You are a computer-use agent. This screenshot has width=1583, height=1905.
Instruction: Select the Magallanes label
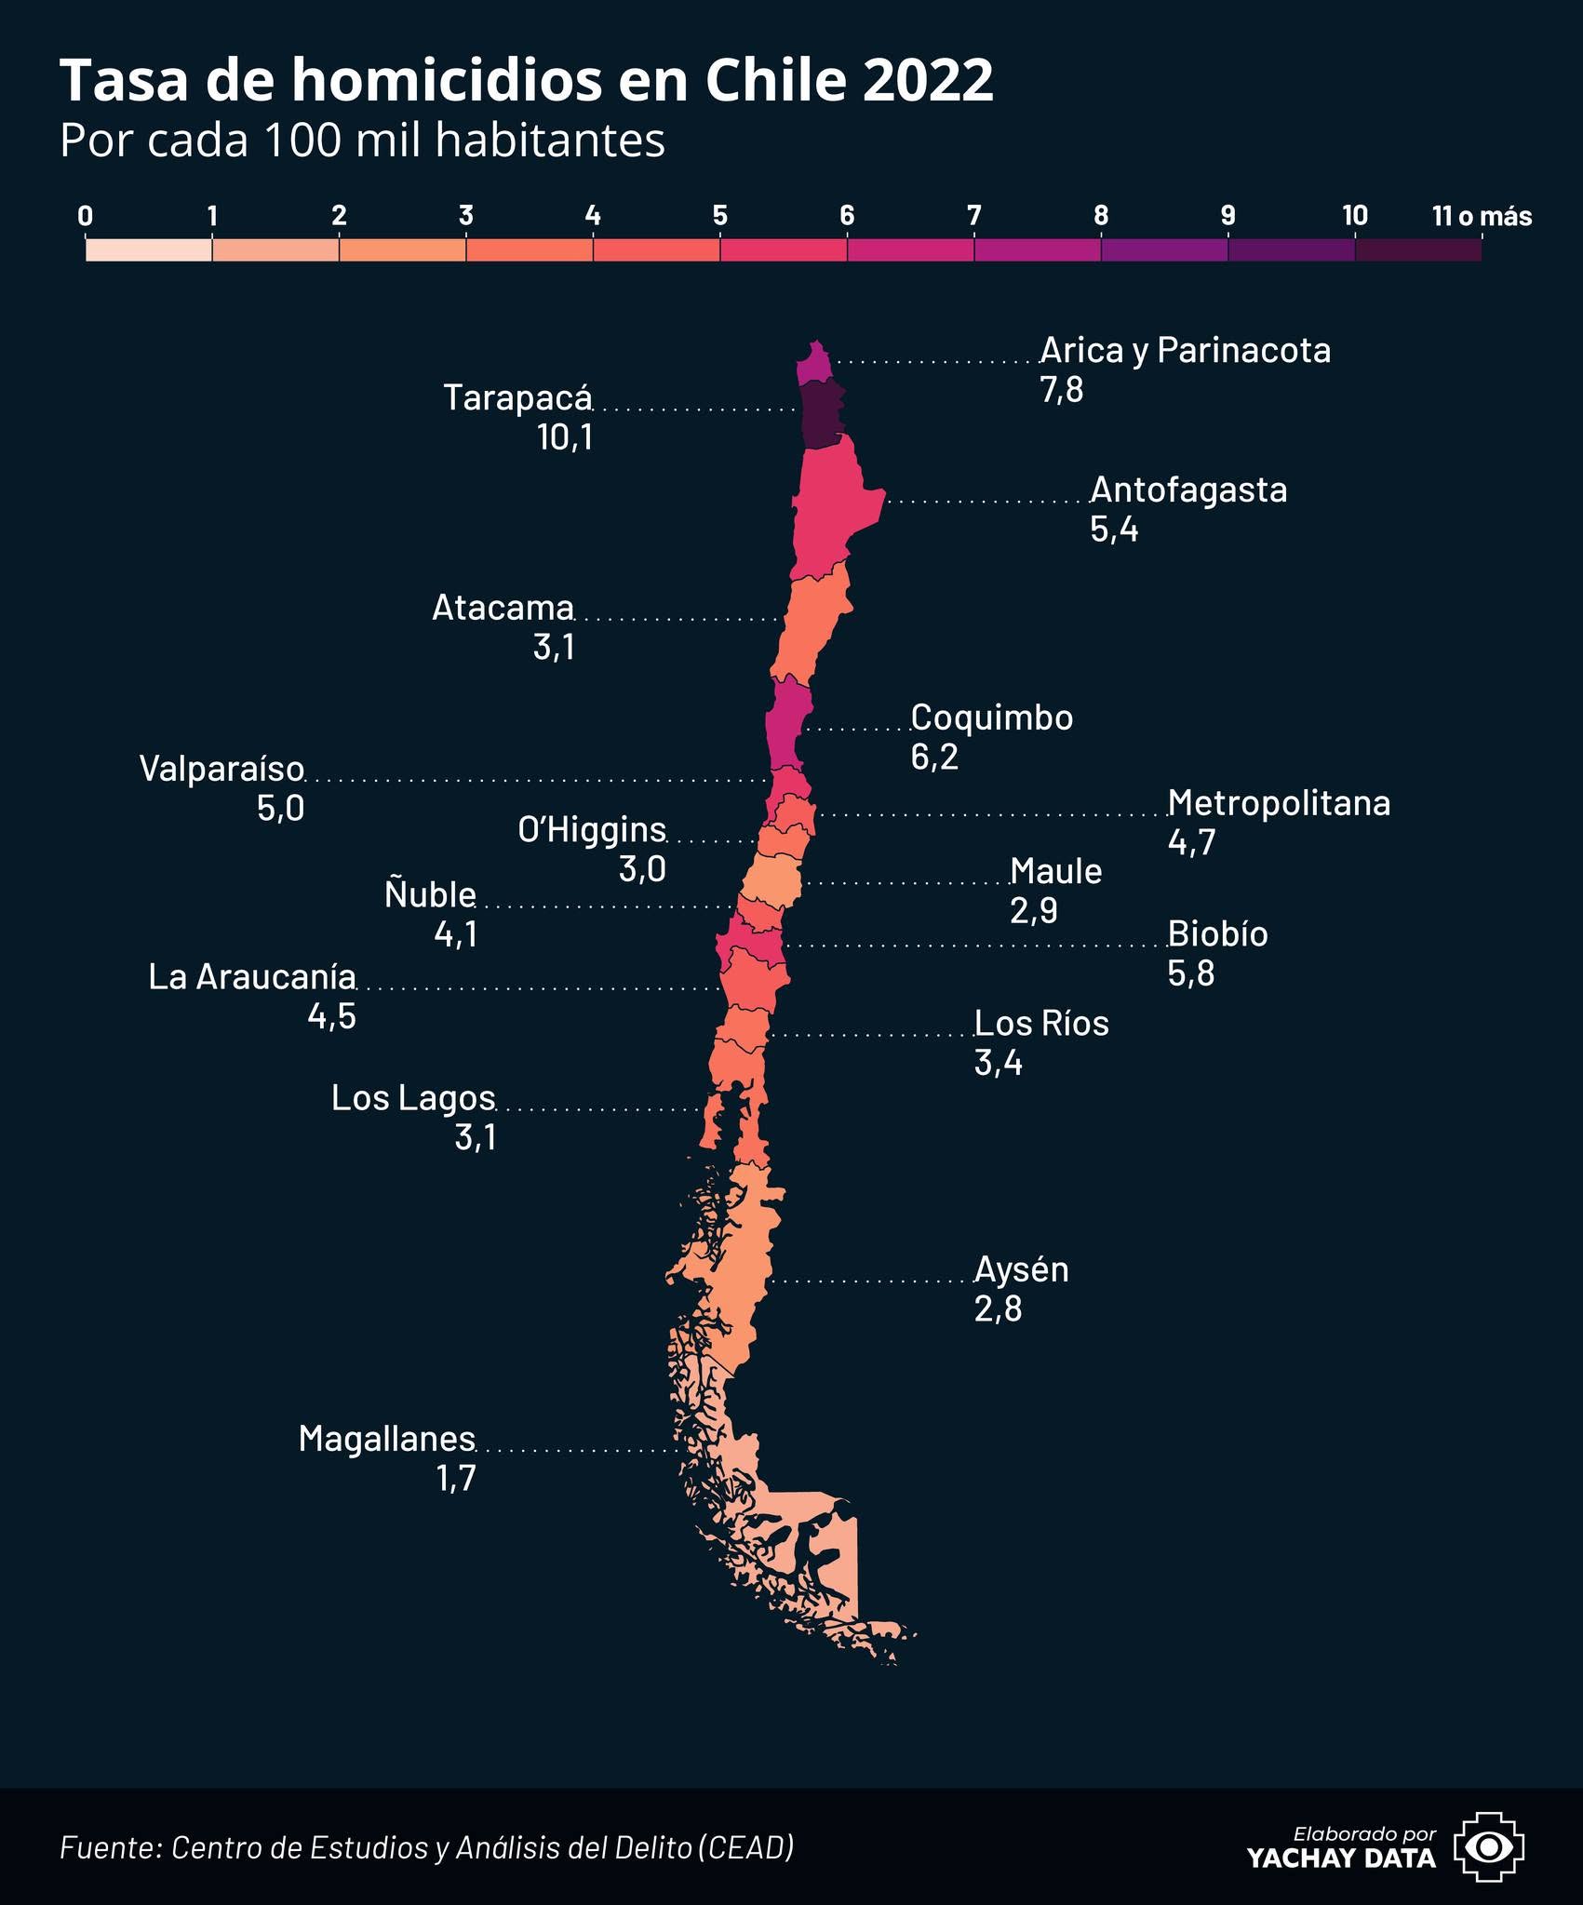387,1439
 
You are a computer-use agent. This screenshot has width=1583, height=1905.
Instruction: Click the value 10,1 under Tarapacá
565,437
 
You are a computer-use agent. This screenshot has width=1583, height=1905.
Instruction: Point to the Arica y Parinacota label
1186,351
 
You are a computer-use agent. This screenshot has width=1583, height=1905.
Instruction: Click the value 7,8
1062,390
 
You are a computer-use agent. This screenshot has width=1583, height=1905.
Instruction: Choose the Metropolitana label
1280,803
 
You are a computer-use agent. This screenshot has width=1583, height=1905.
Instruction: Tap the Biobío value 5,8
1191,973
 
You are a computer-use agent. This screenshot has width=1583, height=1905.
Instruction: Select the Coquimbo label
992,718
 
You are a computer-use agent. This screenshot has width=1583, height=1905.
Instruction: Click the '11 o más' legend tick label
1482,216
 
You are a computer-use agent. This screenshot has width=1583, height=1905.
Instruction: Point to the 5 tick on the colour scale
719,216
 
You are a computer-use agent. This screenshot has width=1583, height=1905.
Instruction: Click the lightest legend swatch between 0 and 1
149,250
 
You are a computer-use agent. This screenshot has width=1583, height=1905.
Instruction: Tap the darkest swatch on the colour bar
1418,250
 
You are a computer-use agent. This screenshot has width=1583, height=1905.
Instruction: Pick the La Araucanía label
252,977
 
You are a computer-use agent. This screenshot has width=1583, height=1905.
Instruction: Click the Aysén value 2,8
998,1308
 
